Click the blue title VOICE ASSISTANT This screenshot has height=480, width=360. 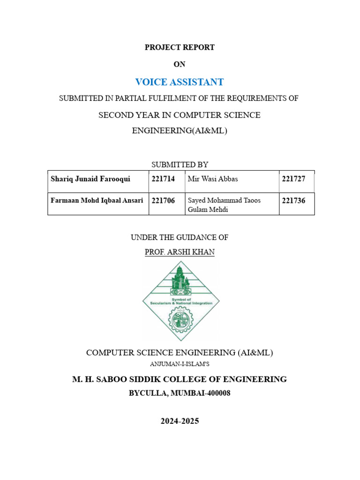pyautogui.click(x=180, y=82)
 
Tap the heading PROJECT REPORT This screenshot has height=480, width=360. pyautogui.click(x=180, y=47)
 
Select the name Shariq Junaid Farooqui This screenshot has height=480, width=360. pyautogui.click(x=91, y=179)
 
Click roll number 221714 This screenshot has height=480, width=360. pyautogui.click(x=163, y=179)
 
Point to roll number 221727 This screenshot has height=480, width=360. pyautogui.click(x=293, y=179)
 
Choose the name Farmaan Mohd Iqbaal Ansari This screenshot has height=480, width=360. pyautogui.click(x=97, y=200)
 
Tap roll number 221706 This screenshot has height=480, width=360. pyautogui.click(x=163, y=201)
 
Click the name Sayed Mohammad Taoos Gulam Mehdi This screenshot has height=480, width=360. pyautogui.click(x=224, y=205)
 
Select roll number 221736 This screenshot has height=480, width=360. pyautogui.click(x=293, y=201)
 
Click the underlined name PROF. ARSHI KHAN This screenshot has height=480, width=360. pyautogui.click(x=180, y=252)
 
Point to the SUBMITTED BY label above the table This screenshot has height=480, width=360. pyautogui.click(x=180, y=165)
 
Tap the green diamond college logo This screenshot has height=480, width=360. pyautogui.click(x=180, y=300)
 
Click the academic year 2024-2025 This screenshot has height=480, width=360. pyautogui.click(x=180, y=421)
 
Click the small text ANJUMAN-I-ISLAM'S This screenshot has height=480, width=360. pyautogui.click(x=180, y=364)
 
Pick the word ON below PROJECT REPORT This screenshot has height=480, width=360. pyautogui.click(x=180, y=65)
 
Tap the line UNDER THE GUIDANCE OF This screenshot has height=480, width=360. pyautogui.click(x=180, y=238)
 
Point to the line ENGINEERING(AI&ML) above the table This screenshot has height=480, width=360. pyautogui.click(x=180, y=131)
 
